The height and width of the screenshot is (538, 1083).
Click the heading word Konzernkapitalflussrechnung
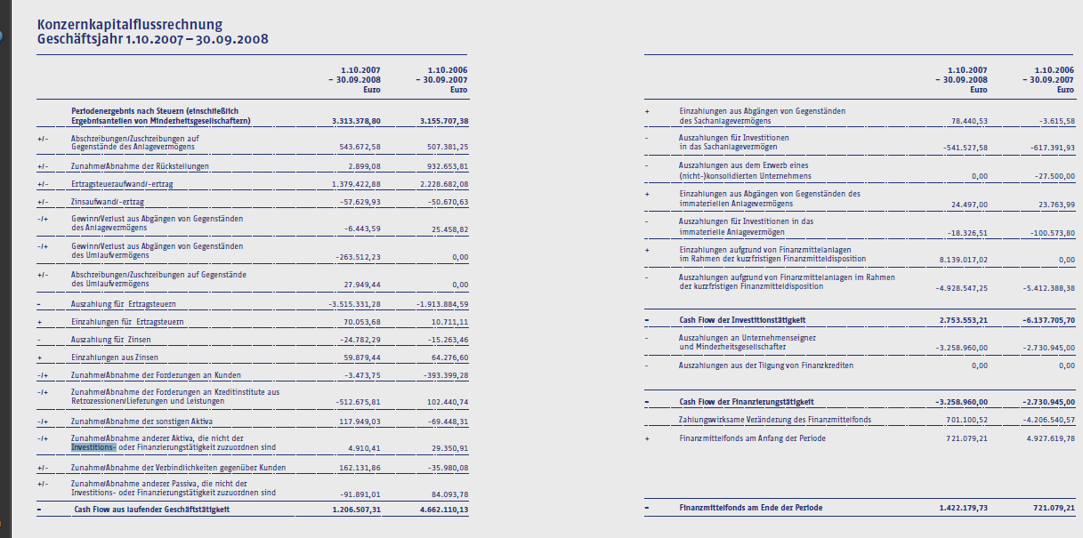[x=130, y=24]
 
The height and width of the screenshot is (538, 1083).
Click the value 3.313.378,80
[x=355, y=121]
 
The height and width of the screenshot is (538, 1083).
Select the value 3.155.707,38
[x=443, y=121]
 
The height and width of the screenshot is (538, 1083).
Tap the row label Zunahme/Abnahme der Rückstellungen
[x=140, y=166]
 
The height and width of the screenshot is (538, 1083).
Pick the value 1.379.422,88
[x=355, y=184]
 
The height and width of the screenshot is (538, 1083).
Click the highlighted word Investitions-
[x=93, y=447]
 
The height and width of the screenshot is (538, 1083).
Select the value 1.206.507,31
[x=355, y=510]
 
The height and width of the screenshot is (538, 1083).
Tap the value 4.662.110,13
[x=443, y=510]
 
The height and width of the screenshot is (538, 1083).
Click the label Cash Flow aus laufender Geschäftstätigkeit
[x=151, y=510]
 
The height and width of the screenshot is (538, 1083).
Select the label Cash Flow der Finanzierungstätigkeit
[x=746, y=402]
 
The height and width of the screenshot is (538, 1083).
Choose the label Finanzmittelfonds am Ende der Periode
[x=750, y=508]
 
